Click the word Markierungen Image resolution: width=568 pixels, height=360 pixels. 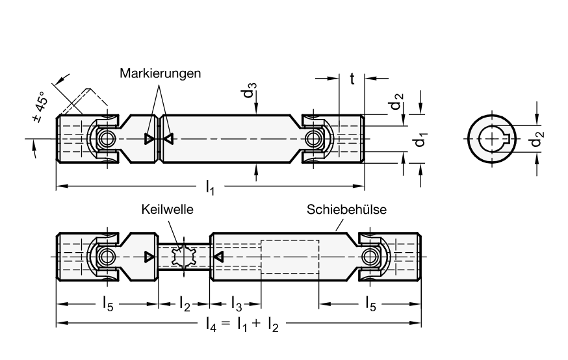(161, 73)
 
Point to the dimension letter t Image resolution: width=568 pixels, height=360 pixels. (352, 79)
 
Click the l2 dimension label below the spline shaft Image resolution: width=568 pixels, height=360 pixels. (185, 303)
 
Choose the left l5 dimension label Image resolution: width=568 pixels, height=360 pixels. (109, 303)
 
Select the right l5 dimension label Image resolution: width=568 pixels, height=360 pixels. (369, 303)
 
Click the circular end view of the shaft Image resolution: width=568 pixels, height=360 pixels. (491, 139)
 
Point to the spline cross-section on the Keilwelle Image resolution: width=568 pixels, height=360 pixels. (187, 257)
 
